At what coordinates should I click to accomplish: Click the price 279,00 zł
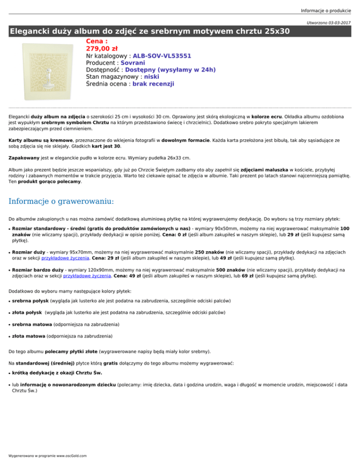click(100, 48)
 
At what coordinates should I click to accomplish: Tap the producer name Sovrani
click(133, 63)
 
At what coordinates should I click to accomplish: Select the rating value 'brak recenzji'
click(153, 84)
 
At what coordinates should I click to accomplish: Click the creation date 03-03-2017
click(345, 23)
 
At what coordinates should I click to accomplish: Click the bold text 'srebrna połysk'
click(30, 300)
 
